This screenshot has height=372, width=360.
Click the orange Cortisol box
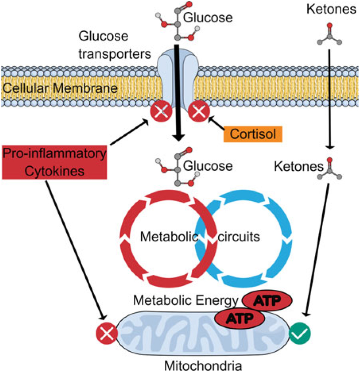coord(253,134)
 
